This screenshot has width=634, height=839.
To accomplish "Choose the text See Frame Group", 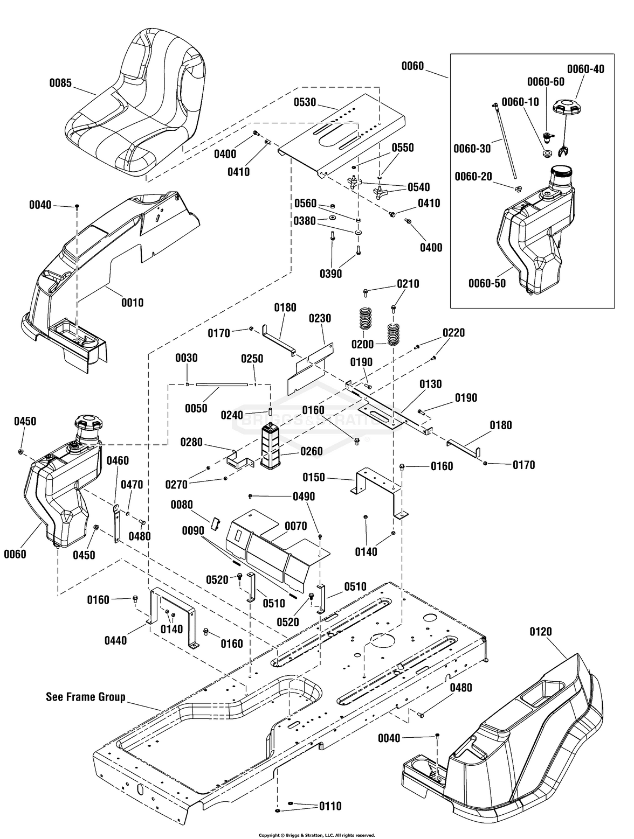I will coord(86,697).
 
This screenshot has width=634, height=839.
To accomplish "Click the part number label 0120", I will coord(541,631).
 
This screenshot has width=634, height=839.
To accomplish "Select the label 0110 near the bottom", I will coord(330,806).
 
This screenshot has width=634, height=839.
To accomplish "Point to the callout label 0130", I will coord(430,384).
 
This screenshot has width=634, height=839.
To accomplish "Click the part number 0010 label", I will coord(132,302).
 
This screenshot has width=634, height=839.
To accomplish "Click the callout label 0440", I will coord(115,640).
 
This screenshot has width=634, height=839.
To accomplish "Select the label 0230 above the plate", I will coord(320,319).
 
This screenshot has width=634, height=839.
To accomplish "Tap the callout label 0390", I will coord(330,274).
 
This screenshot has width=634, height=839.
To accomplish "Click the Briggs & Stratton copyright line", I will coord(317,835).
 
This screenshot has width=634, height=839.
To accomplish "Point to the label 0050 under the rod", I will coord(196,408).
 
